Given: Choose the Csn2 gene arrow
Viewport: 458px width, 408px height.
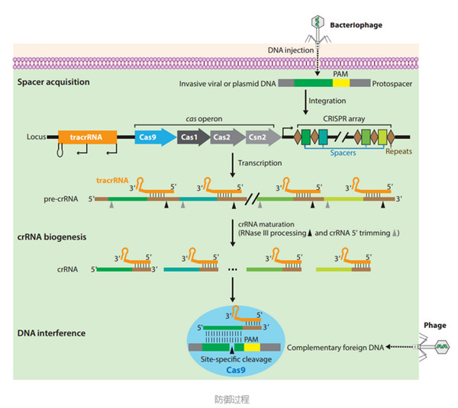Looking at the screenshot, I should point(258,137).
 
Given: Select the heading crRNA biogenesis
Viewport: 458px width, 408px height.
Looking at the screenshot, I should point(52,237).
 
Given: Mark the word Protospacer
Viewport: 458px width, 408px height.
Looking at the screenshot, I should point(395,83).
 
